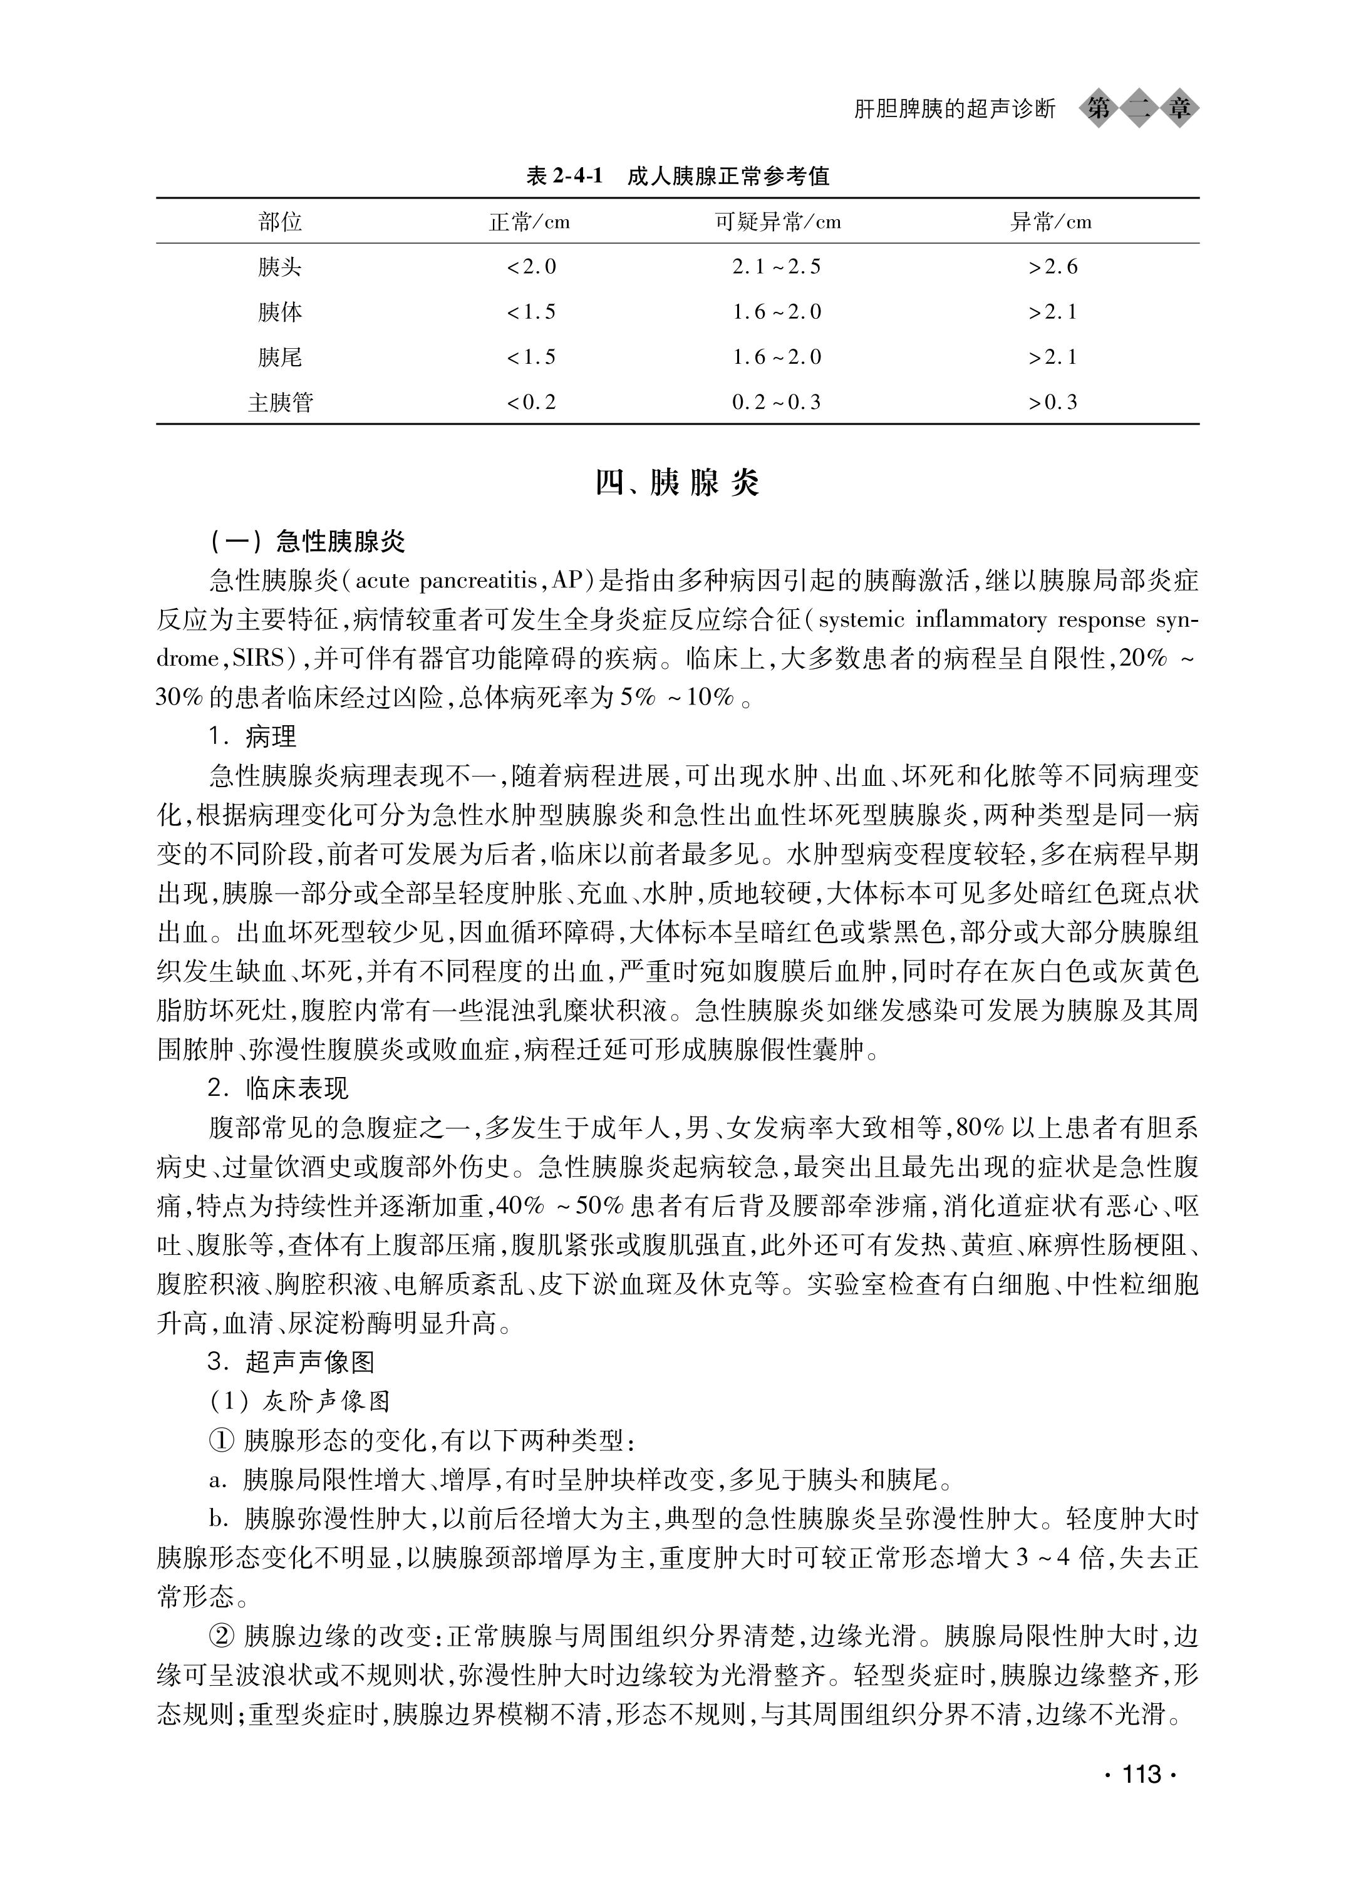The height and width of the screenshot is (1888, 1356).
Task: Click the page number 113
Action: [x=1141, y=1774]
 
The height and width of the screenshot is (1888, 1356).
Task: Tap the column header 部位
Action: [x=280, y=222]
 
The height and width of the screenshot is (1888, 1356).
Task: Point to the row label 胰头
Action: [x=280, y=267]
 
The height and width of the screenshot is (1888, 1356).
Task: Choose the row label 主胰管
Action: [x=280, y=403]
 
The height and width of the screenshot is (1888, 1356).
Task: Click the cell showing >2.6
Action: [x=1052, y=267]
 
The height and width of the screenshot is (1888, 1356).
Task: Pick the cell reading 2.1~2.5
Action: [x=776, y=267]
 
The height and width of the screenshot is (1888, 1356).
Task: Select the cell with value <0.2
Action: [x=531, y=403]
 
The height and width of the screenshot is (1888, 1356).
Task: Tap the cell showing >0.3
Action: [x=1052, y=403]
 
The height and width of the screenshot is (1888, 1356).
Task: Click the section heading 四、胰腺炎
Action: [x=677, y=483]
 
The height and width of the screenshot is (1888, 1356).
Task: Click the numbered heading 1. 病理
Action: [x=252, y=736]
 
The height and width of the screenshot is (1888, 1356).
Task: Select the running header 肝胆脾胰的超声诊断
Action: [x=954, y=109]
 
